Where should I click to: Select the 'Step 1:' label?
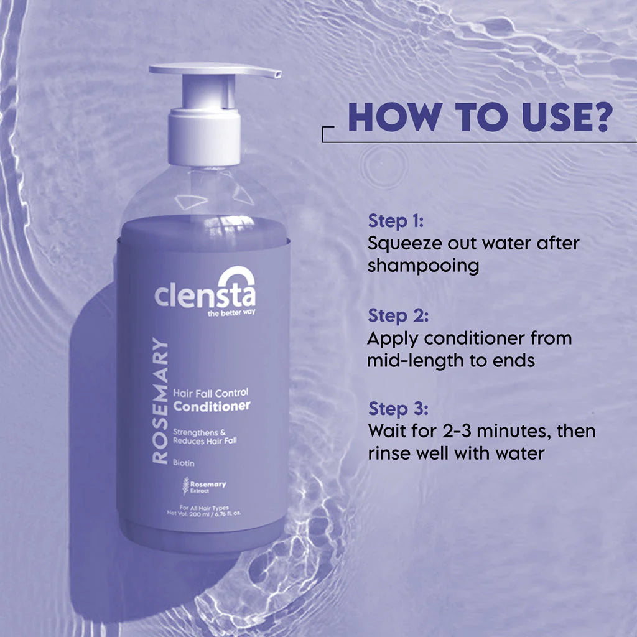point(396,221)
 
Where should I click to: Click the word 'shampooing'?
point(423,266)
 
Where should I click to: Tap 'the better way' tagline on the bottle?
point(231,313)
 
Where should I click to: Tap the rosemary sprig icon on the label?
point(185,485)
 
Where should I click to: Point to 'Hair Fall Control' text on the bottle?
point(212,393)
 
